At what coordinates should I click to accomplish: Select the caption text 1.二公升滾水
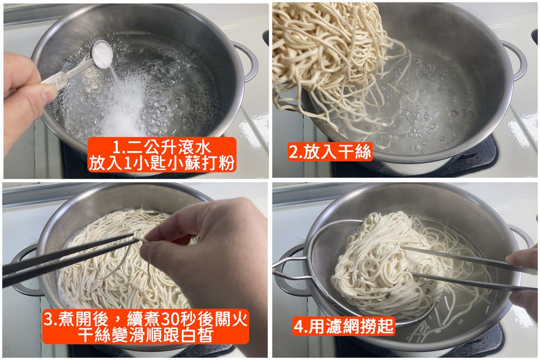pos(162,148)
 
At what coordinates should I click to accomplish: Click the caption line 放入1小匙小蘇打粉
pos(162,163)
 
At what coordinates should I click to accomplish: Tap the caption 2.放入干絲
pos(330,152)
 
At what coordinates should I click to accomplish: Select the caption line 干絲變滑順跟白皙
pos(145,335)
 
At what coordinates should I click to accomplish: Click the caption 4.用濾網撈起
pos(343,326)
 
